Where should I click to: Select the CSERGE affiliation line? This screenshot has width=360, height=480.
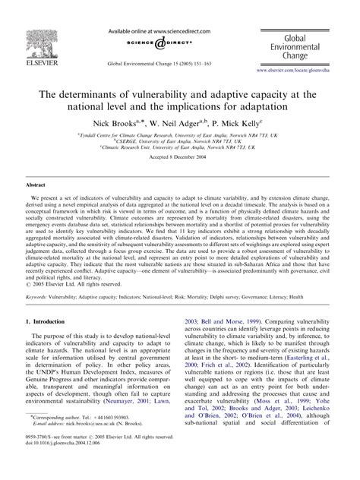click(179, 141)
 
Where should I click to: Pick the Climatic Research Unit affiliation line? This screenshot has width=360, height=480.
click(179, 147)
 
